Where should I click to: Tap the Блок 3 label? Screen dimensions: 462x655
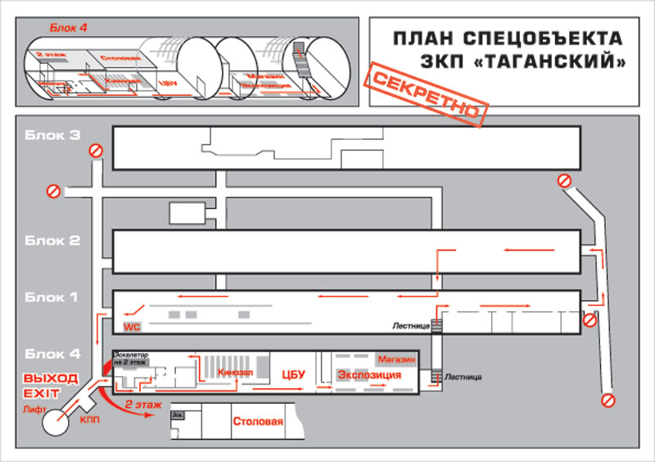[x=51, y=135]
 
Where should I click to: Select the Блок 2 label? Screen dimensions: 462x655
[x=51, y=241]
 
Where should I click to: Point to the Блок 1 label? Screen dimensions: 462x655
[x=51, y=297]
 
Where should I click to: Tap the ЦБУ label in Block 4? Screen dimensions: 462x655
[x=293, y=374]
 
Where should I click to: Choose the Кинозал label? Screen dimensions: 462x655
[x=236, y=373]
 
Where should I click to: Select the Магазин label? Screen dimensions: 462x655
[x=397, y=360]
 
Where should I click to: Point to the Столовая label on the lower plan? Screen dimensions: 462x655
[x=258, y=423]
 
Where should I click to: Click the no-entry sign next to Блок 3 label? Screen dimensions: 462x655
[x=96, y=151]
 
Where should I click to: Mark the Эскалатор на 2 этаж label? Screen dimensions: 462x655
[x=131, y=358]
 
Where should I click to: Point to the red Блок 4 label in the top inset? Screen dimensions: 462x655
[x=69, y=28]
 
